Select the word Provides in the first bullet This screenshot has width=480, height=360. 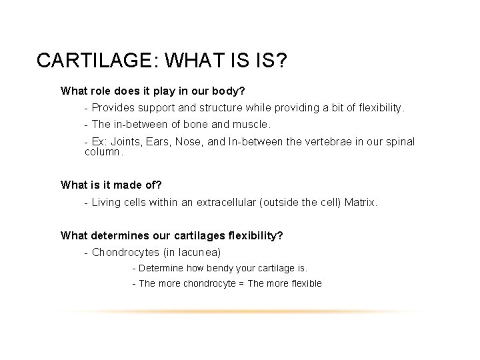pos(113,107)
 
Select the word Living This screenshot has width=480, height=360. pos(108,202)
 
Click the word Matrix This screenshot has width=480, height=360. pos(360,202)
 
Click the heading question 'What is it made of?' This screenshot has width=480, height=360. pos(111,185)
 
